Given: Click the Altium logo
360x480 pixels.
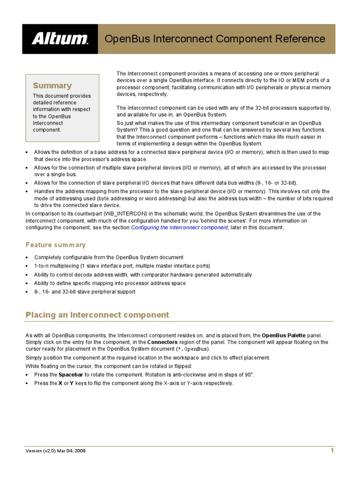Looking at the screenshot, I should [x=60, y=38].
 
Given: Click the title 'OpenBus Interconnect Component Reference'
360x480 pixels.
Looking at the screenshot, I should [x=214, y=38].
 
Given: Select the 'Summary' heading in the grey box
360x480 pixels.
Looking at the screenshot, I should [x=52, y=86].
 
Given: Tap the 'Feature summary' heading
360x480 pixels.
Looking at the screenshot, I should [x=55, y=245].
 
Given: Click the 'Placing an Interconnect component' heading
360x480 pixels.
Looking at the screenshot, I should [x=97, y=315].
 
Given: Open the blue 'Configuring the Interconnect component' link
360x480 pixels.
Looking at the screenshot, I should [x=180, y=228].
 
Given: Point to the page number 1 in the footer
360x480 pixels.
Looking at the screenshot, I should [x=332, y=450].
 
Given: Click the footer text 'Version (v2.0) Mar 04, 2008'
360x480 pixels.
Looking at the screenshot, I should [x=55, y=451].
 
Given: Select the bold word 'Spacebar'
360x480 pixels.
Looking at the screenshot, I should [x=71, y=375].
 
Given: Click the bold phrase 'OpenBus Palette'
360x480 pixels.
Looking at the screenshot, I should [x=285, y=336].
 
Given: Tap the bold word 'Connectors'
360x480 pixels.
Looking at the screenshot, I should [x=162, y=343].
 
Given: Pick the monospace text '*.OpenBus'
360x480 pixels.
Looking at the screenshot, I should [x=193, y=349].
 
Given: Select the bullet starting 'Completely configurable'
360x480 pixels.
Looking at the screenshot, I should [x=109, y=257].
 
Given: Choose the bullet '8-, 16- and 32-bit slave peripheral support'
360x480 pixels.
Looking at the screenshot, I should [x=85, y=292].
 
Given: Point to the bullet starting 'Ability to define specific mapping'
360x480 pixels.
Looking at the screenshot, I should [x=110, y=283].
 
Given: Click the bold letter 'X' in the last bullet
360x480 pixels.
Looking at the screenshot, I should [x=60, y=383].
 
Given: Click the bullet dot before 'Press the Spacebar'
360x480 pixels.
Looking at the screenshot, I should [x=27, y=375].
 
